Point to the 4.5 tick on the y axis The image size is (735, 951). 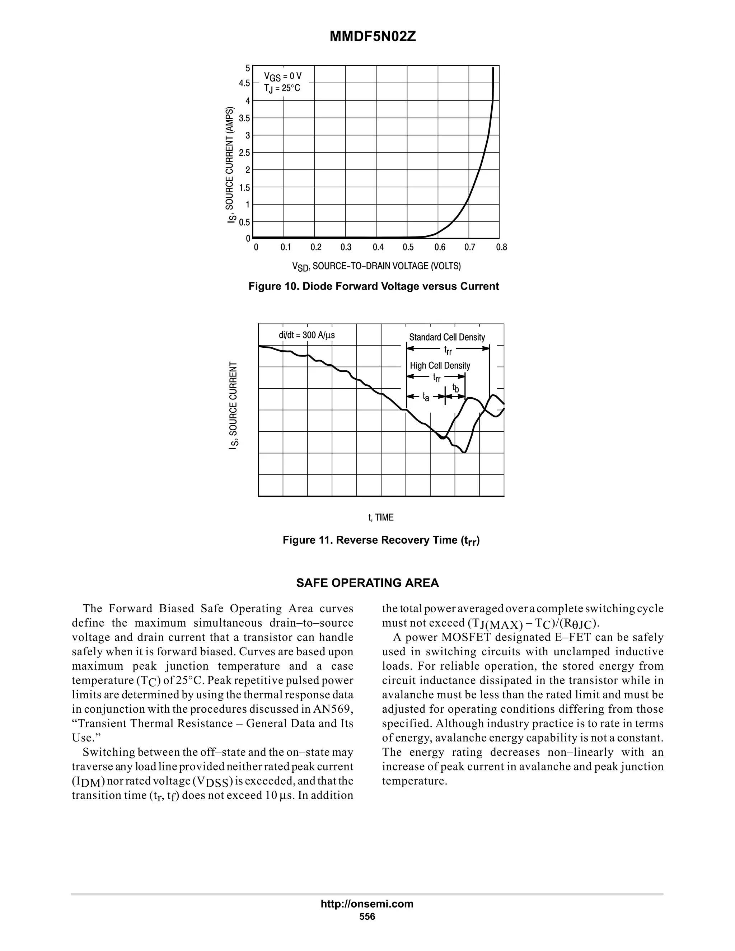244,83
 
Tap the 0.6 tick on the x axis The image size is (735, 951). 440,247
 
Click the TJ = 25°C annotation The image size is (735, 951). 282,88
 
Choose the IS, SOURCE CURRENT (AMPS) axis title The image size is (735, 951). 230,165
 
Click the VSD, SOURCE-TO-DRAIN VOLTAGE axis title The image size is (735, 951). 376,266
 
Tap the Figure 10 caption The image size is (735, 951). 373,286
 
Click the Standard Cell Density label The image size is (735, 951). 447,337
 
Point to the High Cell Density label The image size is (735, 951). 440,366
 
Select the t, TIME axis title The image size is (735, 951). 381,517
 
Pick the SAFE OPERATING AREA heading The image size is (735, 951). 367,583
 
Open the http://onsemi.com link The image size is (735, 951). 367,904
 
